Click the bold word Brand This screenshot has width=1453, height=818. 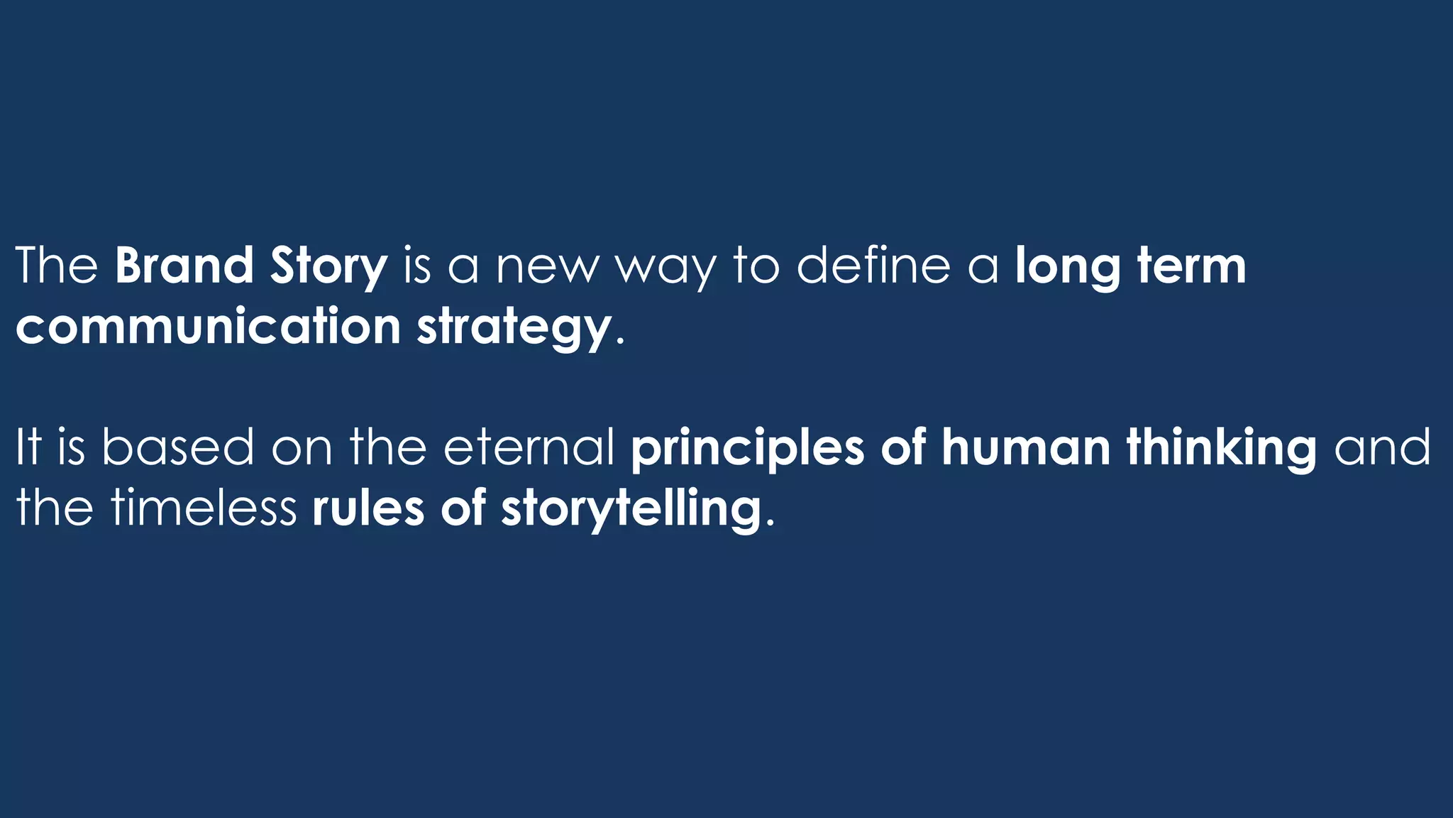click(x=184, y=266)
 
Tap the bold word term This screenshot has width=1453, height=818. click(x=1191, y=266)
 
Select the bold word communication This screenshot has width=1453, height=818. click(x=209, y=326)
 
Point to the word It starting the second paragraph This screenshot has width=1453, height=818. click(x=28, y=447)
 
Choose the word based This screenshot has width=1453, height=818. click(x=177, y=447)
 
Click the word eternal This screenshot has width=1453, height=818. click(x=529, y=447)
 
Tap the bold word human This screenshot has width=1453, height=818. click(x=1026, y=447)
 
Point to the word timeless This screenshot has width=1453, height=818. click(x=204, y=508)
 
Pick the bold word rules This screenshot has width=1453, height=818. click(x=368, y=508)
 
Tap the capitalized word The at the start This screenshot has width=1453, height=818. click(x=57, y=266)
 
